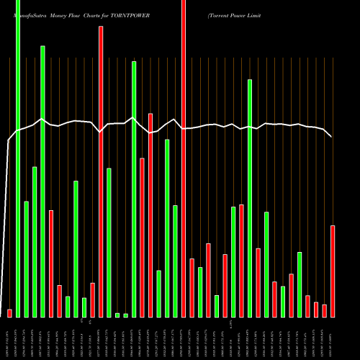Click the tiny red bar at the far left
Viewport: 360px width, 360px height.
tap(9, 313)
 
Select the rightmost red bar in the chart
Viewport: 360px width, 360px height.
tap(333, 271)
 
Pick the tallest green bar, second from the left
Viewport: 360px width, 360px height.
tap(18, 158)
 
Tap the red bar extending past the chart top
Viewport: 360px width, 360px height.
tap(184, 158)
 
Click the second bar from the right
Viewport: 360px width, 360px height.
tap(324, 310)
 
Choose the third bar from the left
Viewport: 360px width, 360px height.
tap(26, 258)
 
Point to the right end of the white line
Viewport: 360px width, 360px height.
tap(331, 136)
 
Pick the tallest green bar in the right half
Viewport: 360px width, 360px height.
tap(250, 198)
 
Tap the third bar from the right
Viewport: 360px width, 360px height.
tap(316, 309)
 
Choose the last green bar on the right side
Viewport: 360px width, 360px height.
tap(300, 284)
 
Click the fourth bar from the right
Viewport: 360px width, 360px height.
tap(307, 306)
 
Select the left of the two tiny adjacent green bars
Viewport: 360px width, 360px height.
tap(117, 315)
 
